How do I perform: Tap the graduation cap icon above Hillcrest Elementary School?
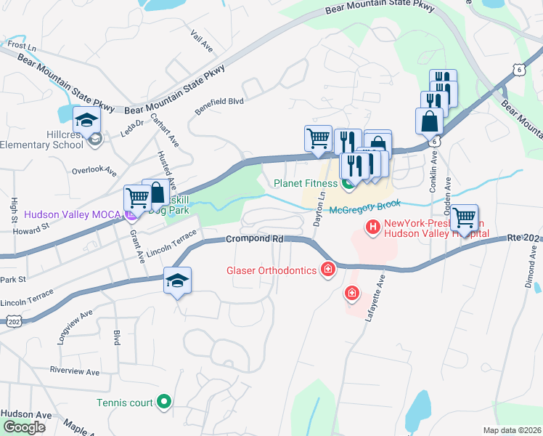pyautogui.click(x=86, y=120)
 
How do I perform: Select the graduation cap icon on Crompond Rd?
pyautogui.click(x=176, y=281)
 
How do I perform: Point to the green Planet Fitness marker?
pyautogui.click(x=348, y=184)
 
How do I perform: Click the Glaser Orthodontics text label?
pyautogui.click(x=271, y=270)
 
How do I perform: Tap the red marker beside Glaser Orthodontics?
pyautogui.click(x=328, y=270)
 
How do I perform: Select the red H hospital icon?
pyautogui.click(x=373, y=229)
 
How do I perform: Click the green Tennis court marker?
pyautogui.click(x=165, y=401)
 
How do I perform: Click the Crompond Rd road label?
pyautogui.click(x=254, y=238)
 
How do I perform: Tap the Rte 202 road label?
pyautogui.click(x=523, y=237)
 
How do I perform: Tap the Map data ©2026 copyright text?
pyautogui.click(x=512, y=430)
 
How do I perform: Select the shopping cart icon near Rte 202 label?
pyautogui.click(x=464, y=217)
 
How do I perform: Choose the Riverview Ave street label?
pyautogui.click(x=73, y=371)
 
